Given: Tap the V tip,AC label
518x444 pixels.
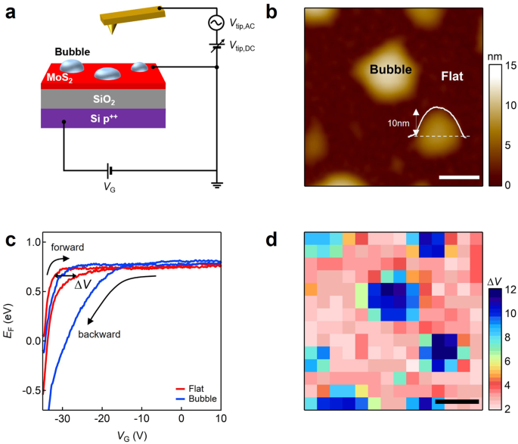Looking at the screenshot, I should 249,25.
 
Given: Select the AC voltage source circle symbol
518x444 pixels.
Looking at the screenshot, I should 217,23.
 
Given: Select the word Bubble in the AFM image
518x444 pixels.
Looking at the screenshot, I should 390,70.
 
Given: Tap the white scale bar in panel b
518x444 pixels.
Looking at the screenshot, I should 458,178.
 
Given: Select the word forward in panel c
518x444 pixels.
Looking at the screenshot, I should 68,247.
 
